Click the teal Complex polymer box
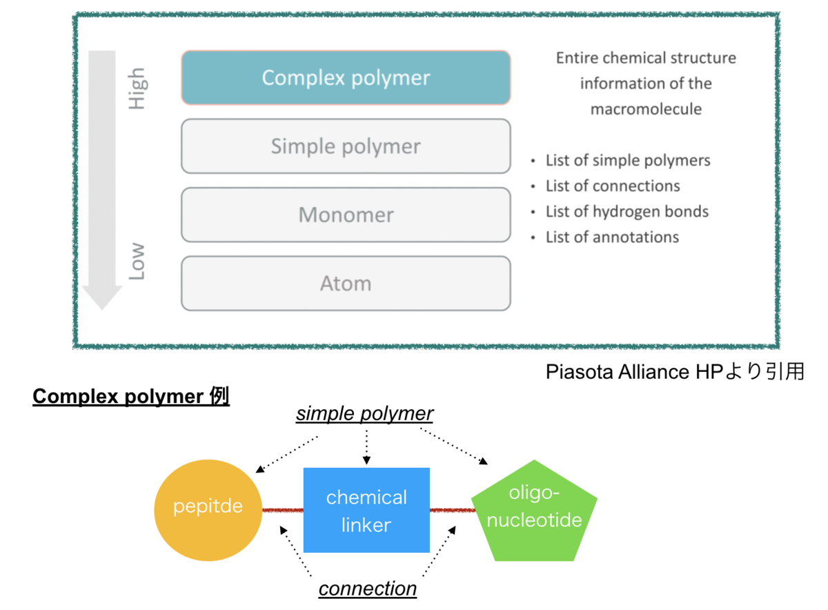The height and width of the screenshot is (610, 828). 346,78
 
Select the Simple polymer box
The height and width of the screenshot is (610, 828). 346,146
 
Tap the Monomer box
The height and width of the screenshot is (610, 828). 346,215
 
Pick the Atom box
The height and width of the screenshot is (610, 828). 346,284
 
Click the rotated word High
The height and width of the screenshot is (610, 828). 137,89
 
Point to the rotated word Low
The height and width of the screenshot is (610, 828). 137,262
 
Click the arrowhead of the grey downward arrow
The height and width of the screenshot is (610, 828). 102,297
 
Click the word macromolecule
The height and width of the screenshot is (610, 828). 646,109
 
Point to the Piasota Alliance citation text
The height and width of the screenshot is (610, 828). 675,371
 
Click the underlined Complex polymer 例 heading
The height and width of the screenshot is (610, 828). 131,396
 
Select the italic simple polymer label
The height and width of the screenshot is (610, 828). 364,413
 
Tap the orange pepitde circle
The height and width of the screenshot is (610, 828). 208,510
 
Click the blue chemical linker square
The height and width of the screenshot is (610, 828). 366,510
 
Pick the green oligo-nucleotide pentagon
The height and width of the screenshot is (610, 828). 534,512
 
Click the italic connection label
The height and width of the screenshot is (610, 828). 367,589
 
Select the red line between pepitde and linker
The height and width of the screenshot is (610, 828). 283,511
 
